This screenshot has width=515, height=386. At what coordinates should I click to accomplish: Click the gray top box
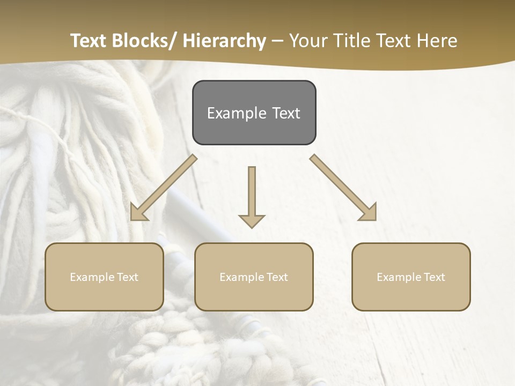[254, 113]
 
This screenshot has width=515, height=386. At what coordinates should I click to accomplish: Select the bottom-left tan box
[104, 277]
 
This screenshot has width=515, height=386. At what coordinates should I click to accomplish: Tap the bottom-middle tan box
[254, 277]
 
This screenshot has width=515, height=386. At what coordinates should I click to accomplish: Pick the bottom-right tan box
[411, 277]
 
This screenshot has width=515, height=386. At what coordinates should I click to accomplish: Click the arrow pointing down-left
[164, 188]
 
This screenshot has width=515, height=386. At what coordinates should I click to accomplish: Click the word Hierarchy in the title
[224, 41]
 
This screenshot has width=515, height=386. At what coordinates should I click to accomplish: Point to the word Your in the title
[307, 41]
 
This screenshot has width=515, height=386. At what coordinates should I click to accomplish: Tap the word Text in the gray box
[285, 113]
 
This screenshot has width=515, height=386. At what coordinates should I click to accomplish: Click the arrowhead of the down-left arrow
[138, 213]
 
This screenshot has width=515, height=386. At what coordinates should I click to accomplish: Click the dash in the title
[277, 41]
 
